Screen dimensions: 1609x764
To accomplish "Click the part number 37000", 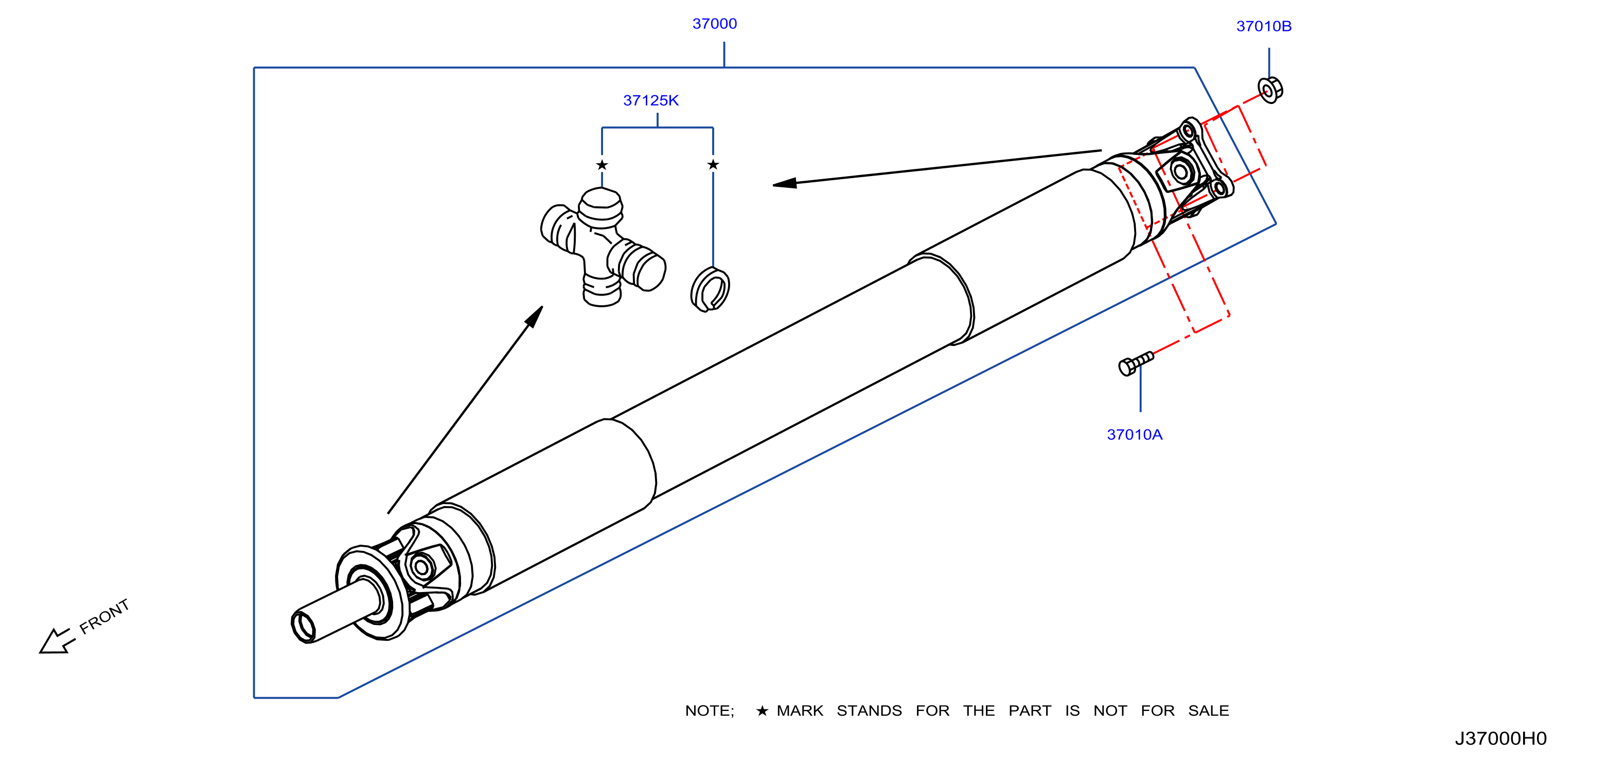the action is click(x=715, y=24).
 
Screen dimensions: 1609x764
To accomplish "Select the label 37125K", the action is click(x=651, y=100).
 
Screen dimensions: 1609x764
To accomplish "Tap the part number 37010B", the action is click(x=1264, y=26).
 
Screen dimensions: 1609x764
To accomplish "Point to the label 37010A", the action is click(x=1134, y=435).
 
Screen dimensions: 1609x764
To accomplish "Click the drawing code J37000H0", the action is click(x=1501, y=738).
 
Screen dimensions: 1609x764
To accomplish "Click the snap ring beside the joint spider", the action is click(x=710, y=289).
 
